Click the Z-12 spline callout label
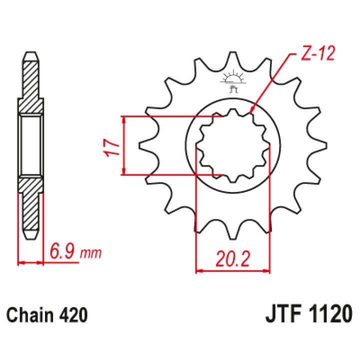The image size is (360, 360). [x=318, y=53]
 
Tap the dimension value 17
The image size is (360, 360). [x=112, y=147]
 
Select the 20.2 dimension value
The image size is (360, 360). [x=232, y=259]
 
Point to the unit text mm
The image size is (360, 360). [x=90, y=253]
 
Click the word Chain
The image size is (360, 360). [x=29, y=315]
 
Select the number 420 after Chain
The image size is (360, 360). [x=73, y=315]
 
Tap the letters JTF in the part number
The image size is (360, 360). [x=283, y=314]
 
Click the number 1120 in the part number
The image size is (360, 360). [x=330, y=314]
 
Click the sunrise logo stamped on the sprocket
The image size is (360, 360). [x=233, y=81]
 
